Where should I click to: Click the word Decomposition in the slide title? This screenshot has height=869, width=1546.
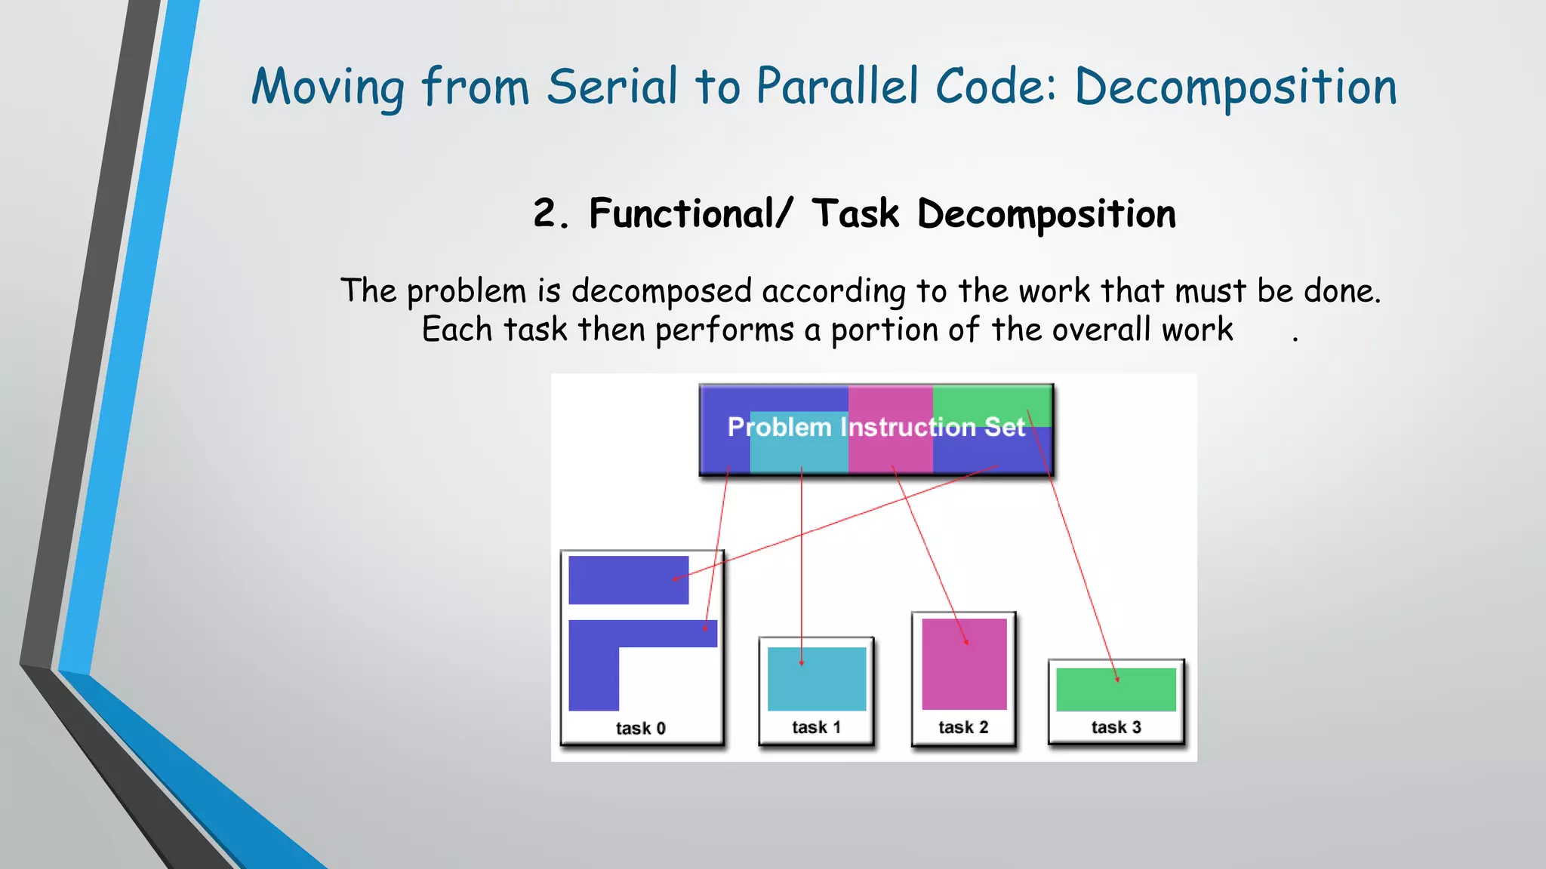[x=1235, y=88]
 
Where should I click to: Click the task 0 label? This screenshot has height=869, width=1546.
[x=640, y=728]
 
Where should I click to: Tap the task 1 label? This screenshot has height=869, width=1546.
[x=816, y=727]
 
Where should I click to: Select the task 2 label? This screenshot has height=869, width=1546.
[x=963, y=727]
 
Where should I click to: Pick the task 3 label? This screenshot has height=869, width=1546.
[x=1116, y=727]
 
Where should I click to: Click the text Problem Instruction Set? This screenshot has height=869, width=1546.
[x=876, y=427]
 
